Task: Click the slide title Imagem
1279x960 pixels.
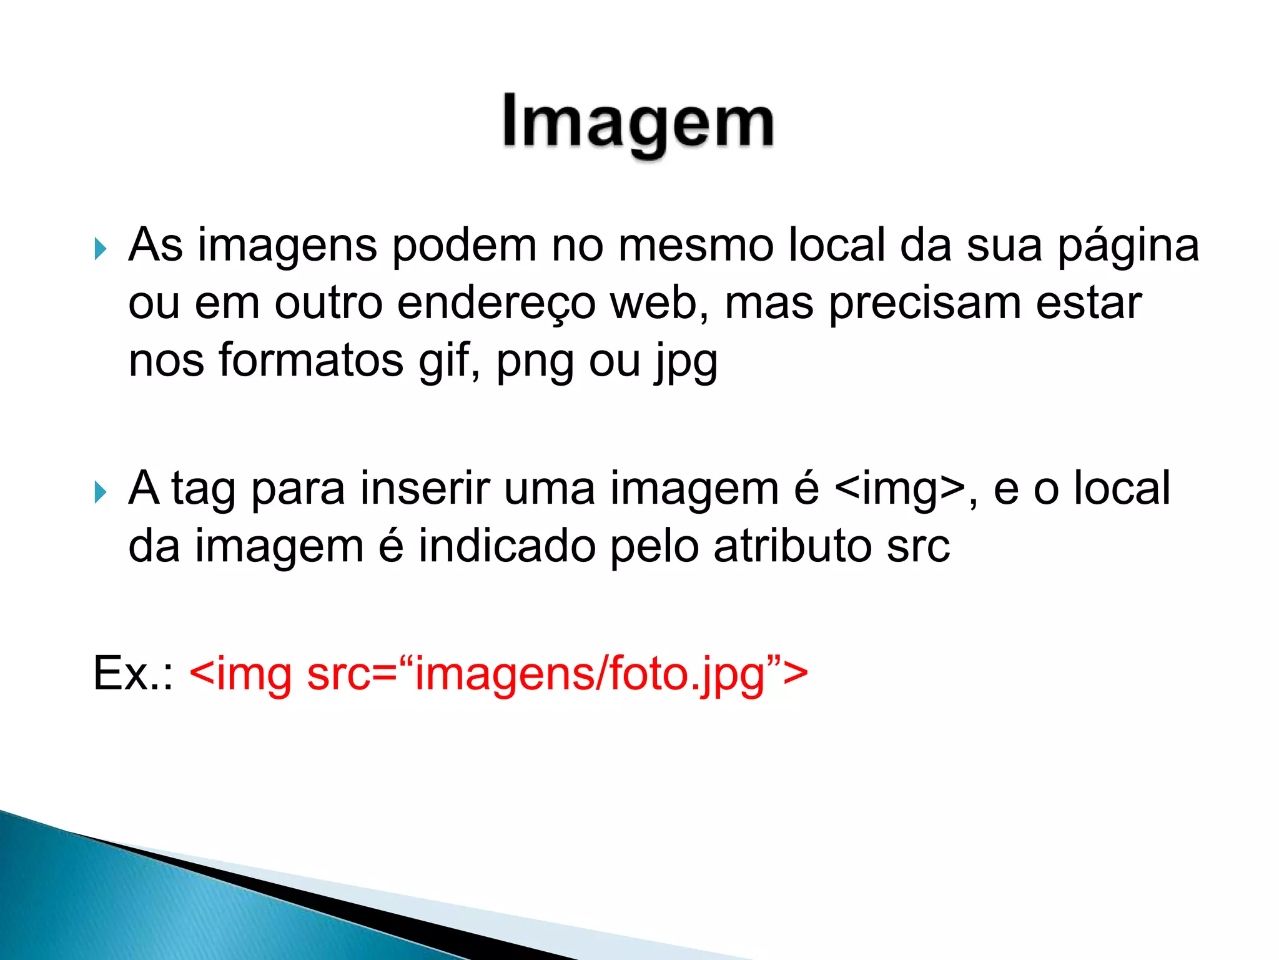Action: point(638,124)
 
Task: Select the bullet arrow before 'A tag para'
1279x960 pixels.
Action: point(100,492)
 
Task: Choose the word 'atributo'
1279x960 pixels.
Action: point(793,546)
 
